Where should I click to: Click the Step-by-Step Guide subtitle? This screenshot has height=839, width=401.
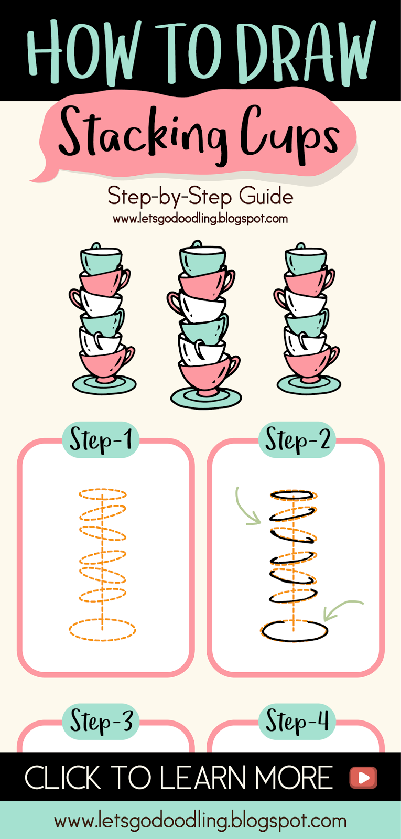tap(200, 197)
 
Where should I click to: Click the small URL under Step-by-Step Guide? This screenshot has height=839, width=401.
tap(200, 218)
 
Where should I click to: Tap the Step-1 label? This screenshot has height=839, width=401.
tap(101, 439)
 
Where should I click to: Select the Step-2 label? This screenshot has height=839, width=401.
tap(297, 439)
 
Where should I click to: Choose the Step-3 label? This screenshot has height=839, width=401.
tap(101, 722)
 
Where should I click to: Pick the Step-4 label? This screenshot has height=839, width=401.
tap(297, 722)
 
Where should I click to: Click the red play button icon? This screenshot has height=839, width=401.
tap(363, 777)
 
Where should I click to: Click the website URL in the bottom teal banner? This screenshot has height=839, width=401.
tap(200, 821)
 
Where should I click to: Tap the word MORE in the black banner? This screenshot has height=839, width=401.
tap(293, 777)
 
